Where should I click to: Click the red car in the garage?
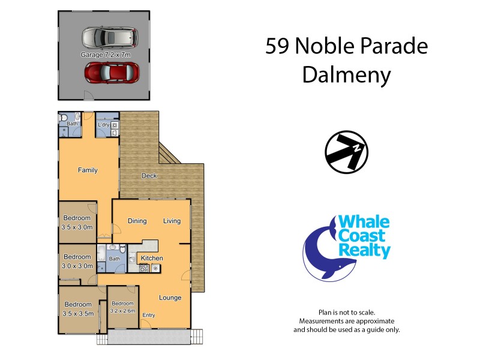click(112, 73)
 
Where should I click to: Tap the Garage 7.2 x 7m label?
click(106, 55)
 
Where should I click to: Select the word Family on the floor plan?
click(88, 170)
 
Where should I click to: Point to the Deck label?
click(149, 176)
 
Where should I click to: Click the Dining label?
click(137, 221)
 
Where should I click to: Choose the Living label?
click(172, 221)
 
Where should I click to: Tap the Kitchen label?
click(151, 259)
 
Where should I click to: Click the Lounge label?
click(170, 298)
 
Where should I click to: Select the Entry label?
click(148, 315)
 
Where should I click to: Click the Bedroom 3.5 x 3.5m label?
click(78, 308)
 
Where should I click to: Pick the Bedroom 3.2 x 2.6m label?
click(122, 307)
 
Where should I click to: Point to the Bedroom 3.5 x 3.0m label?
click(77, 223)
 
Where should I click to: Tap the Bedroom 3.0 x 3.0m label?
click(77, 262)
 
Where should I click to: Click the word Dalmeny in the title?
click(346, 75)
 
